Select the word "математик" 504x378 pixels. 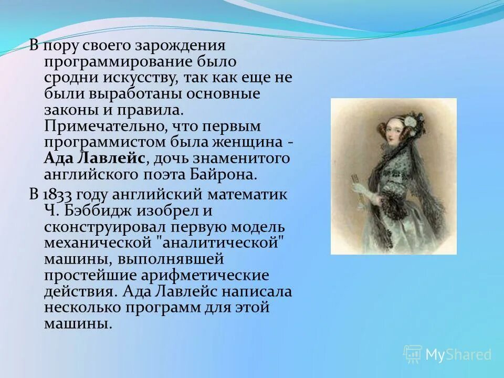(x=247, y=194)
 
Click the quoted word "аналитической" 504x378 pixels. (x=225, y=243)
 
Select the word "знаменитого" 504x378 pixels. (x=247, y=159)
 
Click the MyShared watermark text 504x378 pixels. (x=458, y=355)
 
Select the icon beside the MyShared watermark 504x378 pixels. (x=412, y=354)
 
